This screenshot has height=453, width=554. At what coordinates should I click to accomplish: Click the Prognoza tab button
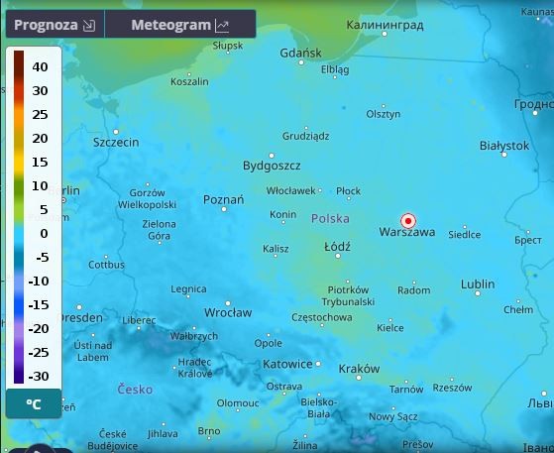pyautogui.click(x=55, y=25)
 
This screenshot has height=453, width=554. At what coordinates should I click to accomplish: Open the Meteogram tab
pyautogui.click(x=179, y=25)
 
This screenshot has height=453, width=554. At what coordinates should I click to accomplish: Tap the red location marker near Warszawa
pyautogui.click(x=407, y=220)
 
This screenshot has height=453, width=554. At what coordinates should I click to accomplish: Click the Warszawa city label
pyautogui.click(x=407, y=233)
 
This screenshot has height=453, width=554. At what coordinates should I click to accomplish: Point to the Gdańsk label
pyautogui.click(x=300, y=54)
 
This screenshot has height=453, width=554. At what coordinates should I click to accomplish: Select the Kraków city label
pyautogui.click(x=359, y=369)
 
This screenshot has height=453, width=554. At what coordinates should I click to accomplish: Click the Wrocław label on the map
pyautogui.click(x=228, y=312)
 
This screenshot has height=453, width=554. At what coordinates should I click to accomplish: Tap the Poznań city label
pyautogui.click(x=223, y=200)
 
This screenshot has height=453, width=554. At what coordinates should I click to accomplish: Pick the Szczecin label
pyautogui.click(x=116, y=143)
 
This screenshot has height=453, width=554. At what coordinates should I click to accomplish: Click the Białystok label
pyautogui.click(x=503, y=147)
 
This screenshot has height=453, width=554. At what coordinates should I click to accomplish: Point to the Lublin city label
pyautogui.click(x=478, y=284)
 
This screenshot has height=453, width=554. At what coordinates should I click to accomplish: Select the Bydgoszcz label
pyautogui.click(x=272, y=166)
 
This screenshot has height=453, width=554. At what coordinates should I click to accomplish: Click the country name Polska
pyautogui.click(x=330, y=218)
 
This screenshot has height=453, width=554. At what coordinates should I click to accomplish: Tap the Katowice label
pyautogui.click(x=287, y=364)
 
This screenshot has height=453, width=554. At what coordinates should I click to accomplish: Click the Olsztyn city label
pyautogui.click(x=384, y=114)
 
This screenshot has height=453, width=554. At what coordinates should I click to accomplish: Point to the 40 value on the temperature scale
pyautogui.click(x=40, y=66)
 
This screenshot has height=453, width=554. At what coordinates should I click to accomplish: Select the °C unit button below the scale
pyautogui.click(x=34, y=404)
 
